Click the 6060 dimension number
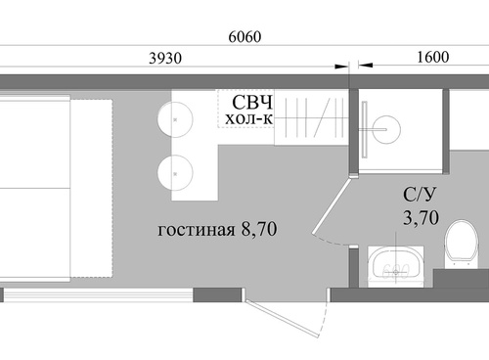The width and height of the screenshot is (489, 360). [x=244, y=37]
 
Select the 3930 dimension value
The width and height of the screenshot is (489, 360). [x=165, y=59]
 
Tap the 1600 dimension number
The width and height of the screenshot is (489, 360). [x=433, y=57]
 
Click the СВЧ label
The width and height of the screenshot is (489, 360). [x=252, y=103]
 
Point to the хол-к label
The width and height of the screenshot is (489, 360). [x=248, y=118]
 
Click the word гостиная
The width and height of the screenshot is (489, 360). [x=197, y=230]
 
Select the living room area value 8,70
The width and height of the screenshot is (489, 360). [x=259, y=229]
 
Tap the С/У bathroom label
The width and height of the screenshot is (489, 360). [x=420, y=196]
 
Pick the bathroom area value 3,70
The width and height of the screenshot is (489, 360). [x=421, y=217]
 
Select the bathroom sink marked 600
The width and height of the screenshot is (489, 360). [x=396, y=267]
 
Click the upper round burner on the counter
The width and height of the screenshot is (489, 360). [x=175, y=119]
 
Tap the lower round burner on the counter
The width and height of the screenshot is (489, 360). [x=175, y=173]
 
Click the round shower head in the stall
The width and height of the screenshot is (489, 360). [x=386, y=129]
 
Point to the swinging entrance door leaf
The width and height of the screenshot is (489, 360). [x=283, y=319]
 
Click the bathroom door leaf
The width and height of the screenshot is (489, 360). [x=331, y=205]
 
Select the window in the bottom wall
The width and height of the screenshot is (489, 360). [x=98, y=294]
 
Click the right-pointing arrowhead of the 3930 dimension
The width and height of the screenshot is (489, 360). [x=342, y=67]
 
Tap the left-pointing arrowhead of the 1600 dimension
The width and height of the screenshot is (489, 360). [x=365, y=66]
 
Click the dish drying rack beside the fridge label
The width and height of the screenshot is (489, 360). [x=311, y=117]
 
